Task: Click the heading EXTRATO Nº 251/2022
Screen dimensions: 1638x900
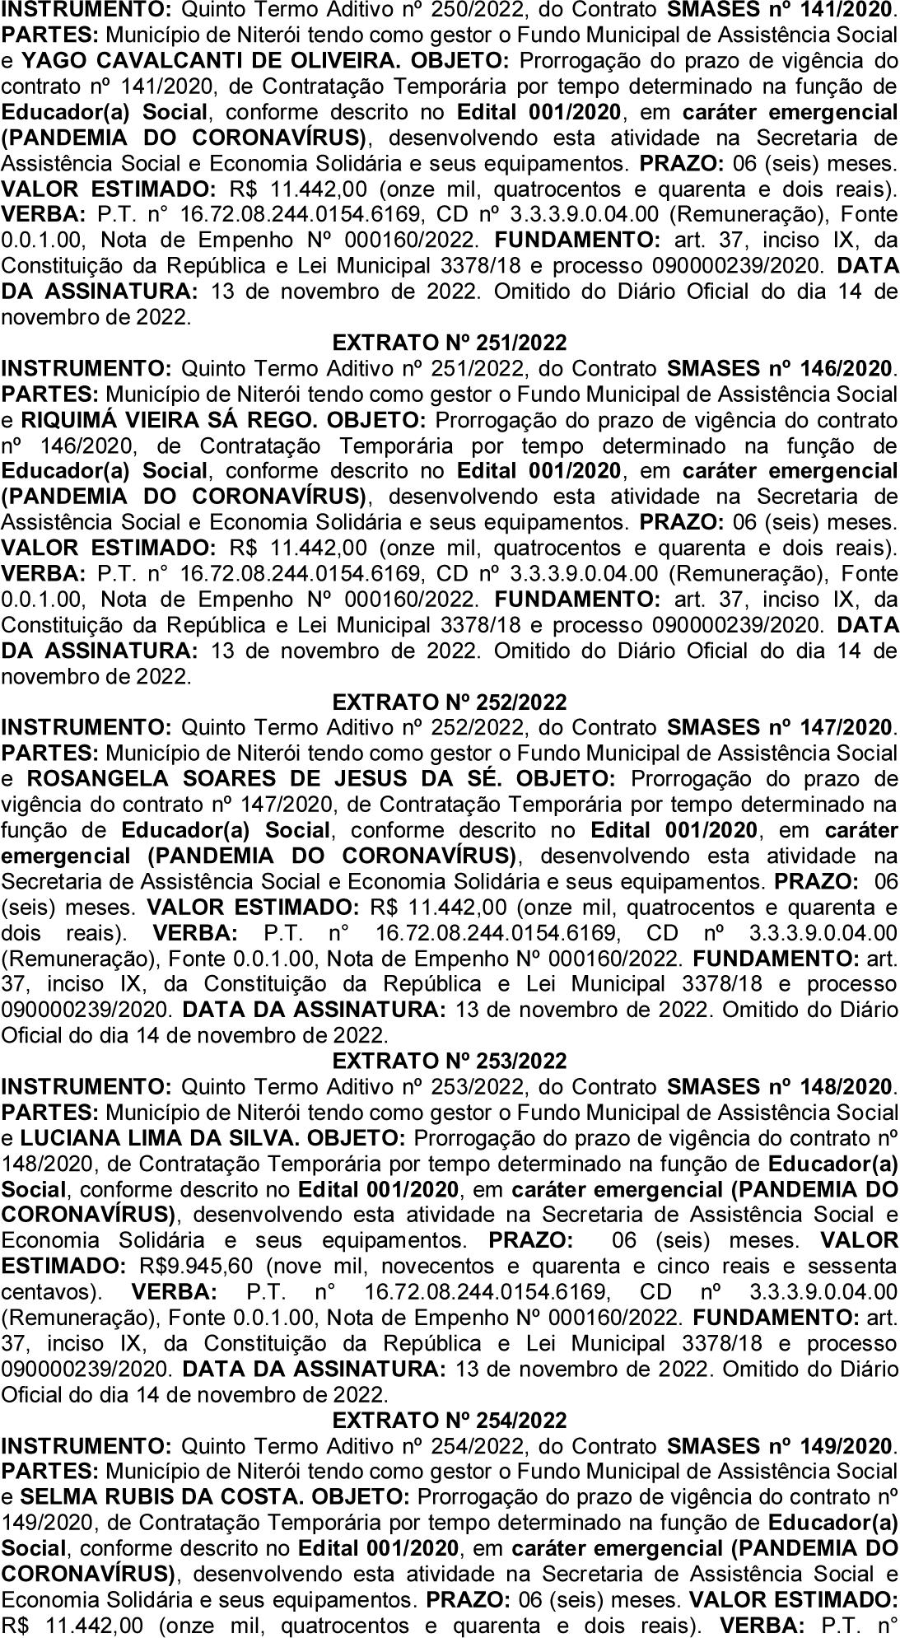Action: tap(450, 342)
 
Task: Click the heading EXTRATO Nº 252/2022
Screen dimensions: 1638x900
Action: tap(450, 702)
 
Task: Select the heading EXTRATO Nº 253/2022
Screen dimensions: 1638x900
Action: tap(450, 1061)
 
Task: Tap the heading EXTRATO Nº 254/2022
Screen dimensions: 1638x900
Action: tap(450, 1421)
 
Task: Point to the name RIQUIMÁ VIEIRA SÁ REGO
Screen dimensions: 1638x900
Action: tap(169, 420)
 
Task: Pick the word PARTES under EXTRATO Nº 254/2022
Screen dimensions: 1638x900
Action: tap(49, 1472)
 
